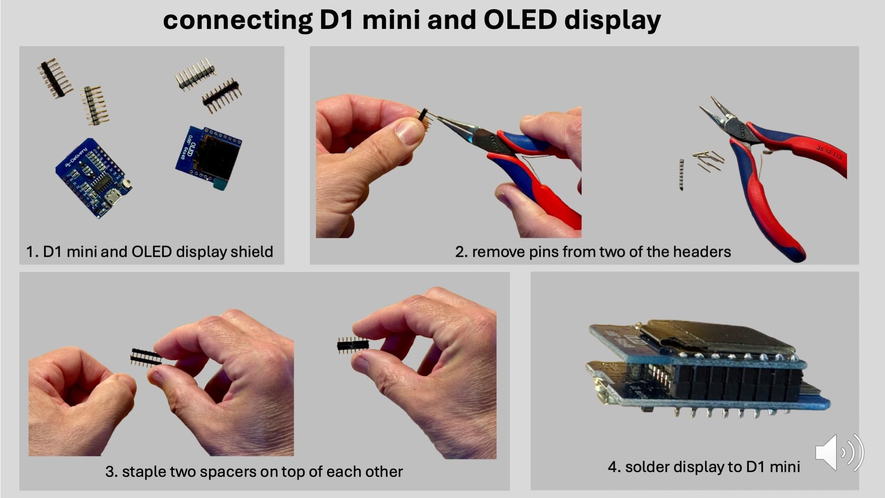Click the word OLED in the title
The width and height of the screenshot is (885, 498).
[x=519, y=20]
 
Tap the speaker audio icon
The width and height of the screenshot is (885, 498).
[x=839, y=453]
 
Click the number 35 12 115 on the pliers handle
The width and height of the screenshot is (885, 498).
[x=829, y=152]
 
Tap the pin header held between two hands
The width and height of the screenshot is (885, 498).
[x=145, y=357]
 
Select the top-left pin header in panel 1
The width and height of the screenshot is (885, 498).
[x=55, y=78]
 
